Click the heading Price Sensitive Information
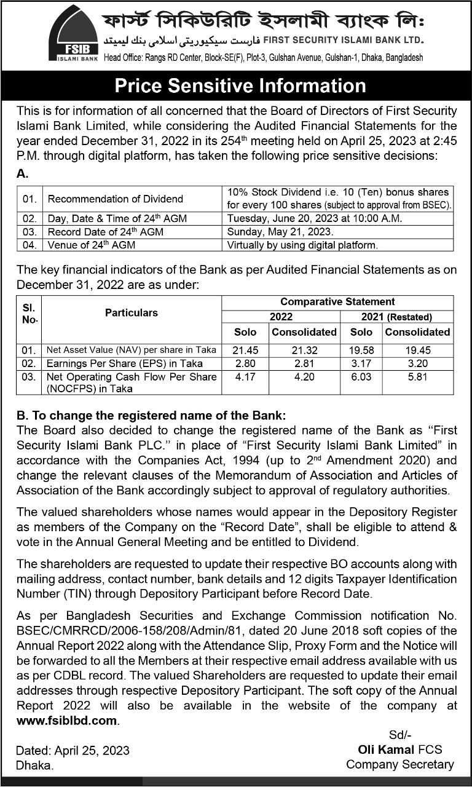click(x=240, y=85)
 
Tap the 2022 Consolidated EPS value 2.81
click(x=304, y=363)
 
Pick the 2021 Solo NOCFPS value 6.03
click(x=361, y=376)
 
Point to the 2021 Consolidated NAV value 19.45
click(x=417, y=350)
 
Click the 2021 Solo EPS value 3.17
click(x=361, y=363)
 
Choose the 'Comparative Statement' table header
click(x=337, y=302)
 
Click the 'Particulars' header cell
click(x=131, y=313)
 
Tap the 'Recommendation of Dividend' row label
click(x=116, y=199)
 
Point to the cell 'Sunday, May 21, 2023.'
click(x=280, y=232)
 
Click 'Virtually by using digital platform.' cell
click(x=302, y=245)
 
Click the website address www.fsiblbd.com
click(x=66, y=720)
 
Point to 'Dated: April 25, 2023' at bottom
click(x=73, y=750)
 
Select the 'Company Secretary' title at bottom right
click(x=399, y=765)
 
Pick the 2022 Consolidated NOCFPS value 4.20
click(x=304, y=376)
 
